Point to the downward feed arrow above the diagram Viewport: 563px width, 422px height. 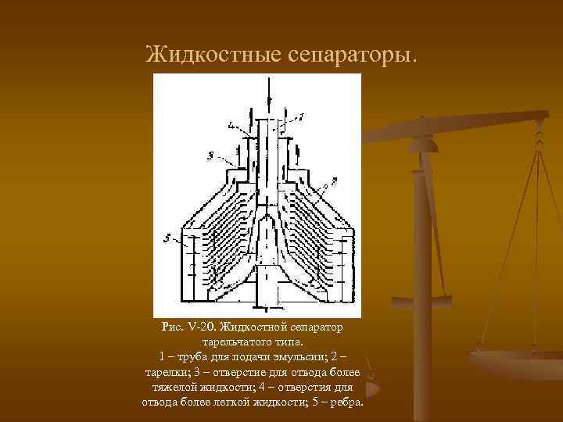[x=267, y=94]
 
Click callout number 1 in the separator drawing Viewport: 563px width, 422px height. [x=301, y=116]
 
